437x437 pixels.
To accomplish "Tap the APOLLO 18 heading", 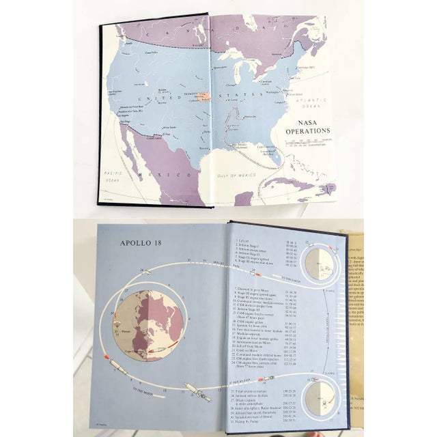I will pos(141,242).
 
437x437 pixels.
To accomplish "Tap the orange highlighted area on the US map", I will pos(203,97).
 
